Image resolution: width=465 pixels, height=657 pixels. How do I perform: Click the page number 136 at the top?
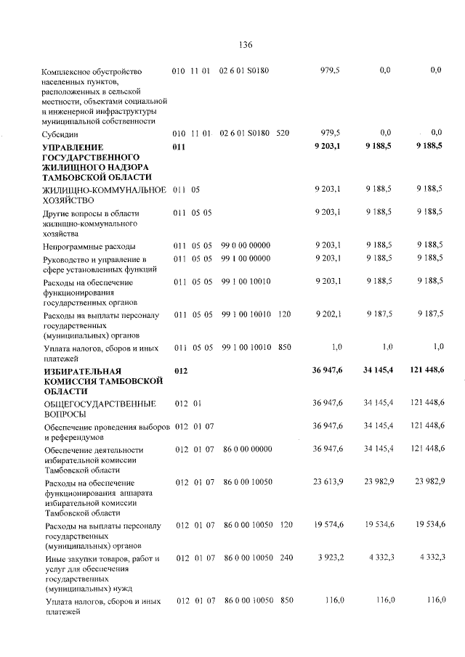point(245,45)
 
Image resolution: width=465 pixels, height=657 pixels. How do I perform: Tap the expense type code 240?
point(286,558)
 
